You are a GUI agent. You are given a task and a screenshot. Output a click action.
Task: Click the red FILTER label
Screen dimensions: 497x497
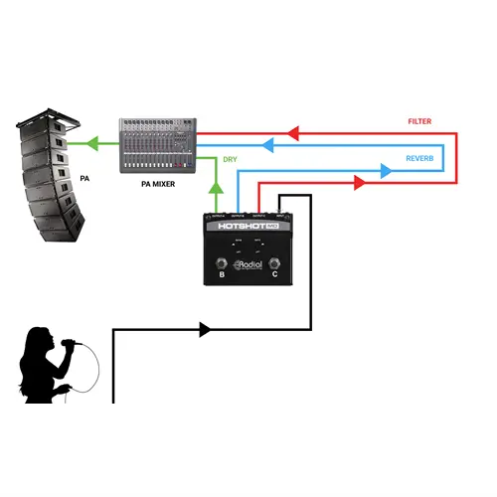tap(419, 121)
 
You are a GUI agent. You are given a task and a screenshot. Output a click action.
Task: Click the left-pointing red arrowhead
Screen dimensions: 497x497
tap(292, 130)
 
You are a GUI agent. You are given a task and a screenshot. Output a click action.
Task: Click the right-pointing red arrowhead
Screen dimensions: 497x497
tap(357, 183)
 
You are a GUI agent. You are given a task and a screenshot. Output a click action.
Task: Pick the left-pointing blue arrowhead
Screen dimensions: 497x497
tap(266, 144)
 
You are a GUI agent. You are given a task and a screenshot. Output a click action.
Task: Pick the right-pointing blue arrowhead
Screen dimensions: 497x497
tap(386, 170)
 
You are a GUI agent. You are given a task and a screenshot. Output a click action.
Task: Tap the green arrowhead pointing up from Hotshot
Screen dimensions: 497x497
tap(216, 185)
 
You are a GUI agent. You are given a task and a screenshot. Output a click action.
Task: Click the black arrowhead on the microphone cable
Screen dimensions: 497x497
tap(205, 328)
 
